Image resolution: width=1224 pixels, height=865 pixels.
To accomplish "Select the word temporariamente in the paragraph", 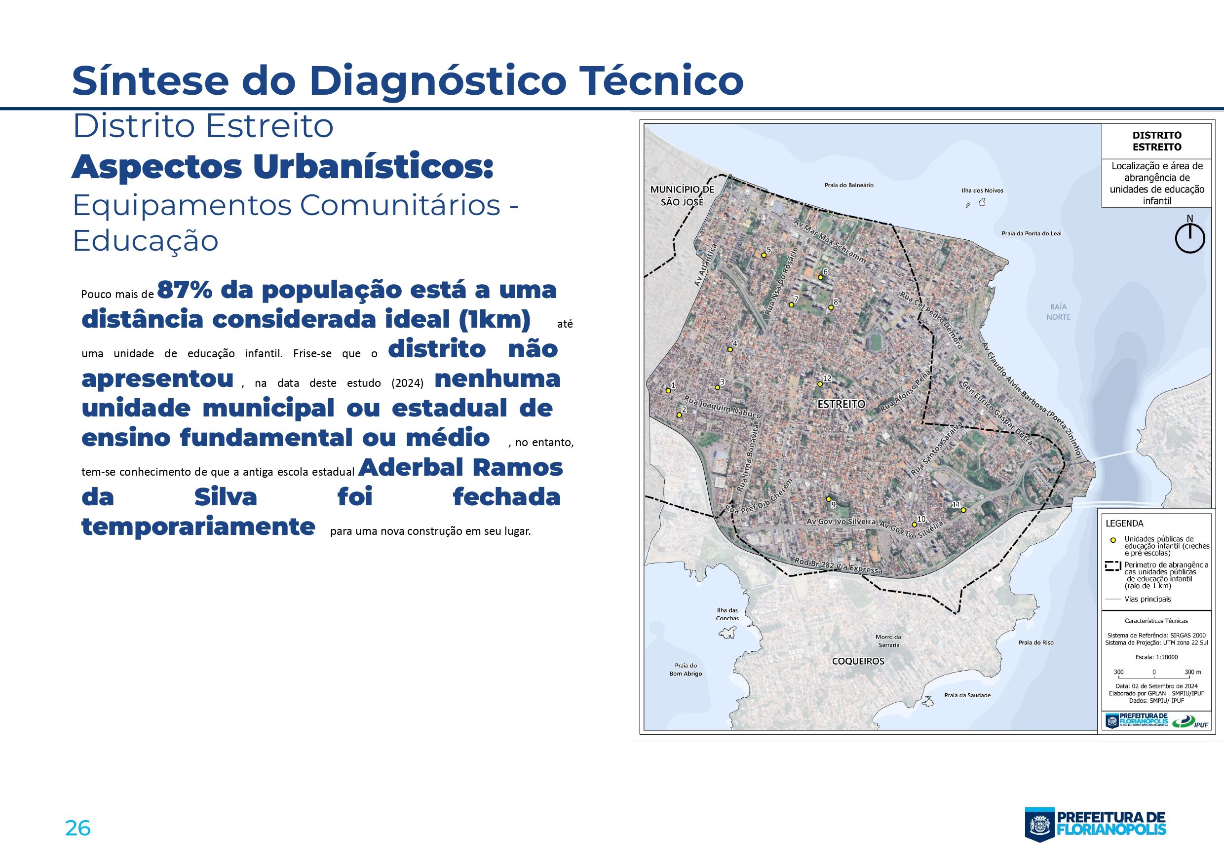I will point(198,527).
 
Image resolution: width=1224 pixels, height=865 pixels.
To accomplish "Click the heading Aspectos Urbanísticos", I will point(282,167).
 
